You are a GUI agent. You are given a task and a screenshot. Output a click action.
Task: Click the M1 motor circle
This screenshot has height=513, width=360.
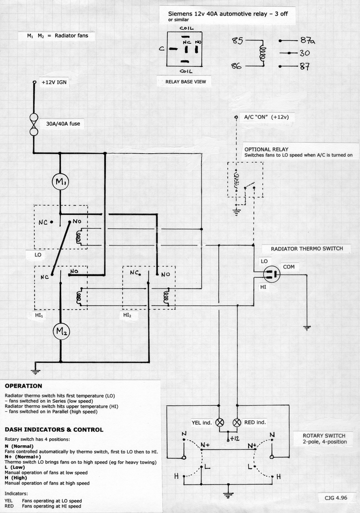[61, 181]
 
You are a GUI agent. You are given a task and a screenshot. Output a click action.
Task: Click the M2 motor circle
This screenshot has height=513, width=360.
[61, 331]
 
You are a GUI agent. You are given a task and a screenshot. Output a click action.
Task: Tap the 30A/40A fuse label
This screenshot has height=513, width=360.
[63, 124]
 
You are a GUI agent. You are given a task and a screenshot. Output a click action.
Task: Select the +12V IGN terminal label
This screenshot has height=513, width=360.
[54, 82]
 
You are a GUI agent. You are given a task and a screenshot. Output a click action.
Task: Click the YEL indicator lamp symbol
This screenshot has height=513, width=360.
[220, 422]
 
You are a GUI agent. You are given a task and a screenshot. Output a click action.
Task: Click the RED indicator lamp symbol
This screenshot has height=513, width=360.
[237, 422]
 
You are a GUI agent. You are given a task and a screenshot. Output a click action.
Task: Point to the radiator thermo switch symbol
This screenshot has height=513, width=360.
[272, 274]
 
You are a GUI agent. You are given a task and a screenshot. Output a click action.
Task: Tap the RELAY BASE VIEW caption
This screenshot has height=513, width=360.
[186, 82]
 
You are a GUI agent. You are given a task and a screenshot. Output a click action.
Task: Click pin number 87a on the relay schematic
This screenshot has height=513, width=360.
[307, 41]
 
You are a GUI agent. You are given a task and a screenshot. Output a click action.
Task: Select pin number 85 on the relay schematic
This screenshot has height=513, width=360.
[238, 41]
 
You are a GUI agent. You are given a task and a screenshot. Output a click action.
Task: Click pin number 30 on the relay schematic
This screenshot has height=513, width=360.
[304, 53]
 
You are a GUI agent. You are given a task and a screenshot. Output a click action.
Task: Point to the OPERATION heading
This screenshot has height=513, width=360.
[24, 386]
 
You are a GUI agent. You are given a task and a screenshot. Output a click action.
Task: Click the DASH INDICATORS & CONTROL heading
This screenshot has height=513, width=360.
[54, 430]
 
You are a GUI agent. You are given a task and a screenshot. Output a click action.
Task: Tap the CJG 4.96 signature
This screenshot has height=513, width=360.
[336, 498]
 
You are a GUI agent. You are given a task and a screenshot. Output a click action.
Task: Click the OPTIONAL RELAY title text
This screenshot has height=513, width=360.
[266, 149]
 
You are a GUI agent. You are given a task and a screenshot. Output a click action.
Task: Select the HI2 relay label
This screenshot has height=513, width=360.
[127, 315]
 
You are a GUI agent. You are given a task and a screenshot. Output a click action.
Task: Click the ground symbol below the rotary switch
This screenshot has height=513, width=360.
[228, 494]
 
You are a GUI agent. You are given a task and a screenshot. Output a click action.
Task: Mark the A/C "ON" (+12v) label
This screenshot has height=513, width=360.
[267, 117]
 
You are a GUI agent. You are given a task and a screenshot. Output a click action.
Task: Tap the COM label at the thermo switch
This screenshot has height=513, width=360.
[289, 267]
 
